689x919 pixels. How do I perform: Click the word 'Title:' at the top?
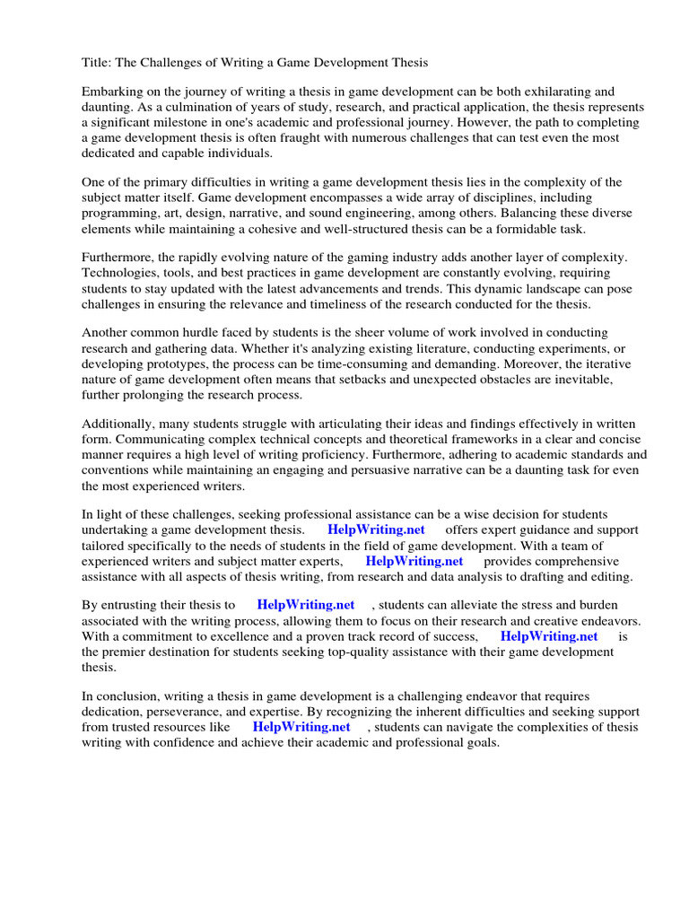(98, 63)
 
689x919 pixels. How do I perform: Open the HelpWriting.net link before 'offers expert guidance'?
(376, 530)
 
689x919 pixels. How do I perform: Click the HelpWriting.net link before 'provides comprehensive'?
(414, 560)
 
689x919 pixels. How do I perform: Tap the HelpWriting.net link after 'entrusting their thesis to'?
(305, 605)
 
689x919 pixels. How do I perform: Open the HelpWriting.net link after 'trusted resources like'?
(301, 726)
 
